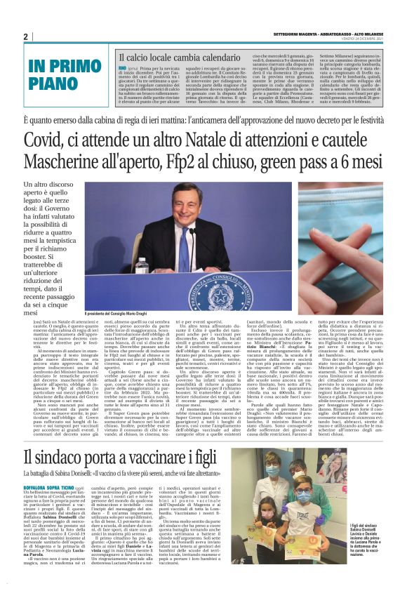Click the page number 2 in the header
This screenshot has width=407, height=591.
25,36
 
